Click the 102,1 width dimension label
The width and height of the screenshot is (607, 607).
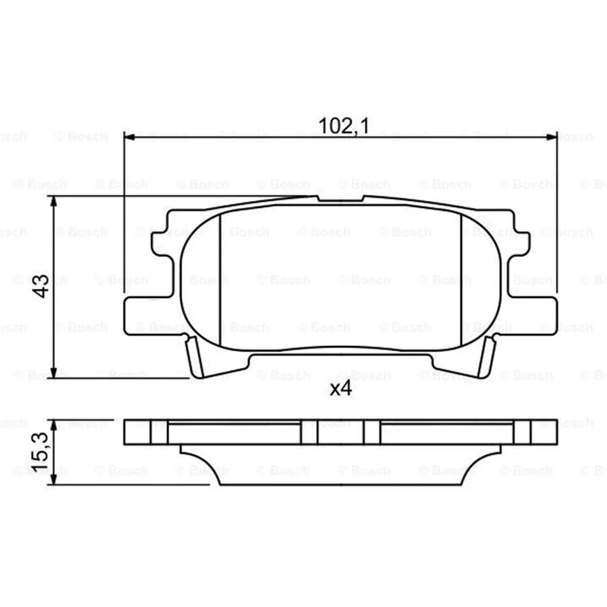(x=344, y=126)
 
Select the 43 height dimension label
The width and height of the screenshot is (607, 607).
(x=41, y=286)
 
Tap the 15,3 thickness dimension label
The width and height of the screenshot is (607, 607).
(x=40, y=452)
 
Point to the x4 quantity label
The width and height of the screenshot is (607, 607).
(x=341, y=388)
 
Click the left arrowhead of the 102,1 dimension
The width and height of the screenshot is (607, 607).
(x=129, y=137)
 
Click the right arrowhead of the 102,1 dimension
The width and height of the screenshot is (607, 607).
(x=552, y=137)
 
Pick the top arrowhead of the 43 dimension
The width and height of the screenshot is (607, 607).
(x=54, y=201)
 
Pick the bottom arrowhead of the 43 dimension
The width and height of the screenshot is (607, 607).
(x=54, y=373)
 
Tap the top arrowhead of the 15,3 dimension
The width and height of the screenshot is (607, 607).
(x=54, y=425)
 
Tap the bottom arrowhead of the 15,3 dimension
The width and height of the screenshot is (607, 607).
(x=54, y=480)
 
